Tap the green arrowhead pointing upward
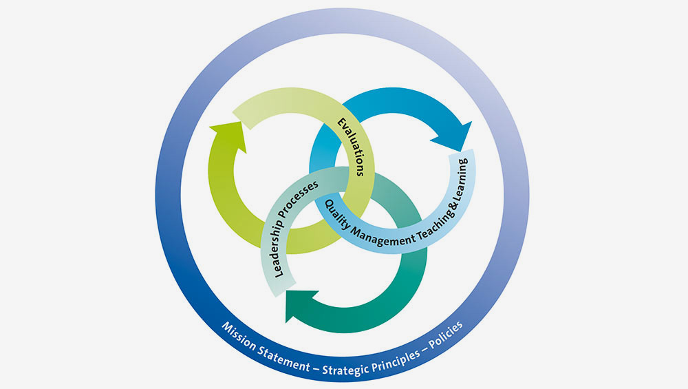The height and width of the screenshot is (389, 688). click(226, 130)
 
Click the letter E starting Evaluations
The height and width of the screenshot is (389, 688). click(340, 123)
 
